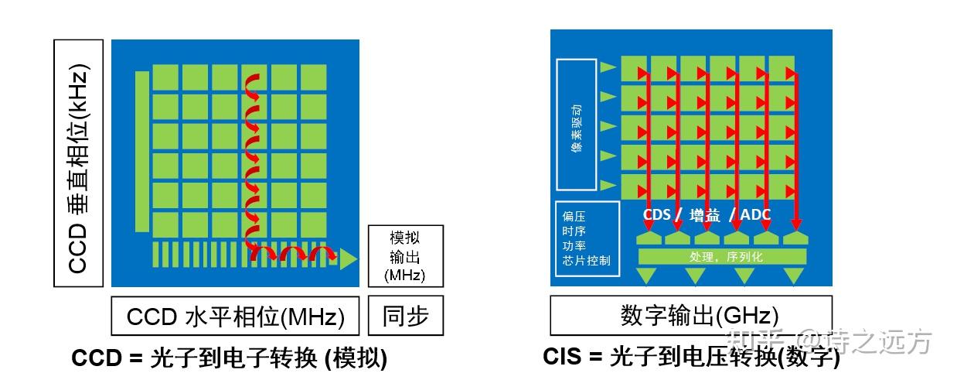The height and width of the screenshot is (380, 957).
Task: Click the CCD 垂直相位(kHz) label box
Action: click(79, 163)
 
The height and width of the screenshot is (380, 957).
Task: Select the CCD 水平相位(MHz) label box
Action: click(235, 316)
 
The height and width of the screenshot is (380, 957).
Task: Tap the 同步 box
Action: click(405, 316)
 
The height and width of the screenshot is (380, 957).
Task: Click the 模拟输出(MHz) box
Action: click(405, 255)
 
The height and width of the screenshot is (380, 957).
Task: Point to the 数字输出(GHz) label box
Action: click(690, 316)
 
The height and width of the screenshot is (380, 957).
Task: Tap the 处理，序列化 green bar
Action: click(721, 256)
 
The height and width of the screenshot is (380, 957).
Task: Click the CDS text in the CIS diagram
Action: click(656, 214)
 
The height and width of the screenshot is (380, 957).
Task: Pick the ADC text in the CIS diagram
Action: click(754, 214)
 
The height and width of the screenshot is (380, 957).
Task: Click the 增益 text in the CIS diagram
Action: click(703, 214)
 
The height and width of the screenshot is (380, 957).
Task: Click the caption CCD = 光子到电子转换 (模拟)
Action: click(230, 358)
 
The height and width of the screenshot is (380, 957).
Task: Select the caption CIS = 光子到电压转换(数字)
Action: click(690, 357)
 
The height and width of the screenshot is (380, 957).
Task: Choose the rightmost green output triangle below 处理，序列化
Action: click(794, 275)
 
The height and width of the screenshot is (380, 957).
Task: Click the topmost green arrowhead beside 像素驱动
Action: click(608, 67)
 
